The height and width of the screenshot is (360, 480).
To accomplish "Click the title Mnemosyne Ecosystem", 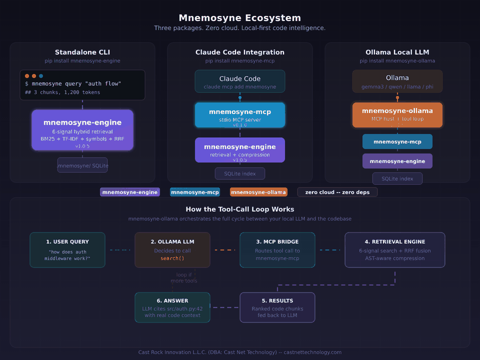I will click(x=239, y=18).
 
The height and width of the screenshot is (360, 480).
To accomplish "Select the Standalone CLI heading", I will click(x=82, y=52).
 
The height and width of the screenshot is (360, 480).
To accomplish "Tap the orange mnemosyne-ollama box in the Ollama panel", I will click(x=397, y=115).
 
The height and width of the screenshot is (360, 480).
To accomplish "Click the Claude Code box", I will click(x=240, y=81).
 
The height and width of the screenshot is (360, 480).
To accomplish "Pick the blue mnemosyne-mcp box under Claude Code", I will click(x=240, y=115).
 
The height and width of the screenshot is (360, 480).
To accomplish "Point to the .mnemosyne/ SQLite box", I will click(x=82, y=165).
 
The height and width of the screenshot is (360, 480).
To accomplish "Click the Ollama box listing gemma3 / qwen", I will click(x=397, y=81).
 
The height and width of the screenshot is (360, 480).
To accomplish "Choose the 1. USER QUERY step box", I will click(x=67, y=249).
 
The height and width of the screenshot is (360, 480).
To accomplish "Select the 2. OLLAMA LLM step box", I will click(x=172, y=249).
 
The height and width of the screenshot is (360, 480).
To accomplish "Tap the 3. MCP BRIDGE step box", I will click(x=277, y=249).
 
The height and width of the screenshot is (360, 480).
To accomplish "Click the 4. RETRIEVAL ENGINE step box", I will click(x=395, y=249).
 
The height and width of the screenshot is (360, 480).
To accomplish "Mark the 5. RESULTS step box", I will click(x=277, y=307).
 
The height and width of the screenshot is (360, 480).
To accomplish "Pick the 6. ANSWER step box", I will click(x=172, y=307).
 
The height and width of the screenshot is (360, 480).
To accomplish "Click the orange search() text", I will click(x=172, y=258).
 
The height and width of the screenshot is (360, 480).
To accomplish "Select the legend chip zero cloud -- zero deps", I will click(x=337, y=192).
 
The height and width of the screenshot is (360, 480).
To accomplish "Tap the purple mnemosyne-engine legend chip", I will click(x=130, y=192).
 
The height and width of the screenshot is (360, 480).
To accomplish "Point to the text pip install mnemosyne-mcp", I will click(x=240, y=61).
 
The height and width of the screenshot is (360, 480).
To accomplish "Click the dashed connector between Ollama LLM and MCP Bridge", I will click(x=225, y=249).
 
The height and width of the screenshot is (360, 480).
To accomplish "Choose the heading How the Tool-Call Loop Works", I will click(x=240, y=209).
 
